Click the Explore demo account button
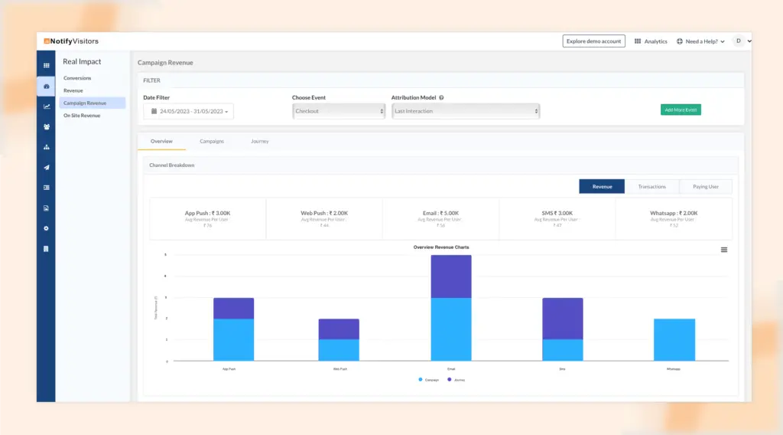pos(594,41)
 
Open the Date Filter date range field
pos(188,111)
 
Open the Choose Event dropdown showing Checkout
pos(339,111)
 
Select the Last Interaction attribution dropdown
pos(465,111)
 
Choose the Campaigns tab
pos(212,142)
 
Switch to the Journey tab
pos(260,142)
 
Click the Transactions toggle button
pos(651,186)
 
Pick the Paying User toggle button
pos(706,186)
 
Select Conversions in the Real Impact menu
pos(77,78)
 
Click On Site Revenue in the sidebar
pos(82,116)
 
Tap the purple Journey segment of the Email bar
pos(451,276)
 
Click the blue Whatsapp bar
pos(674,339)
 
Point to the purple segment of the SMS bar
pos(563,319)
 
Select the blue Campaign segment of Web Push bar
pos(339,350)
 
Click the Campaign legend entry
pos(429,380)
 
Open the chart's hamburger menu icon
pos(724,250)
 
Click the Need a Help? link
pos(701,41)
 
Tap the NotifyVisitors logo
pos(70,41)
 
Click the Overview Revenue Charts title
pos(441,247)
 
